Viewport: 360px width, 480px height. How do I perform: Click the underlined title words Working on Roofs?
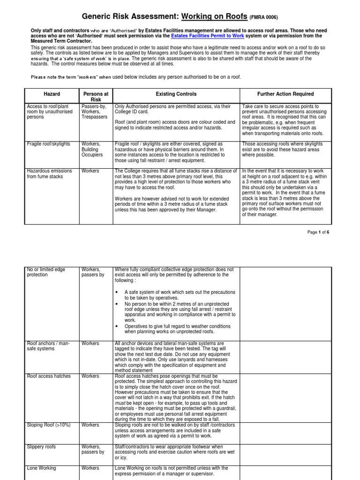[214, 16]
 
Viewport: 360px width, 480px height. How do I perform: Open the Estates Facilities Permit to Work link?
[207, 36]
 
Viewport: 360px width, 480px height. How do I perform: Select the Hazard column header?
[52, 94]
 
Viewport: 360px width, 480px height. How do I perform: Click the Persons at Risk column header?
[96, 97]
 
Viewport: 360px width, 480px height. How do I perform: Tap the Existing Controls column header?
[176, 94]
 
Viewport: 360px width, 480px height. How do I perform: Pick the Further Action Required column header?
[285, 94]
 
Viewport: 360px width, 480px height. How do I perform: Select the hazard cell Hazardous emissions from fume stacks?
[49, 174]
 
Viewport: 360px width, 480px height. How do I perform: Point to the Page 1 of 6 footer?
[318, 232]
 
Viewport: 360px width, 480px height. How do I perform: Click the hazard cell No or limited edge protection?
[46, 272]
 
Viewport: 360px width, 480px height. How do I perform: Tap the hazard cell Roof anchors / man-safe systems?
[48, 346]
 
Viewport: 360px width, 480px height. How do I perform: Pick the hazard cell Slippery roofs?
[42, 447]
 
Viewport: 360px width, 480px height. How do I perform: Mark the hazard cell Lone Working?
[41, 468]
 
